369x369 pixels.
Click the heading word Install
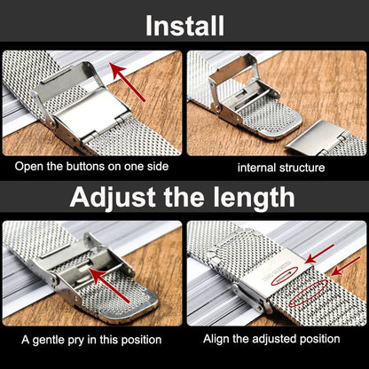[184, 24]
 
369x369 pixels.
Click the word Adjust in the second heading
[114, 197]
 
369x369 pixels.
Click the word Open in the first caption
[30, 166]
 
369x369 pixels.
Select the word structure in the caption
[302, 167]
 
